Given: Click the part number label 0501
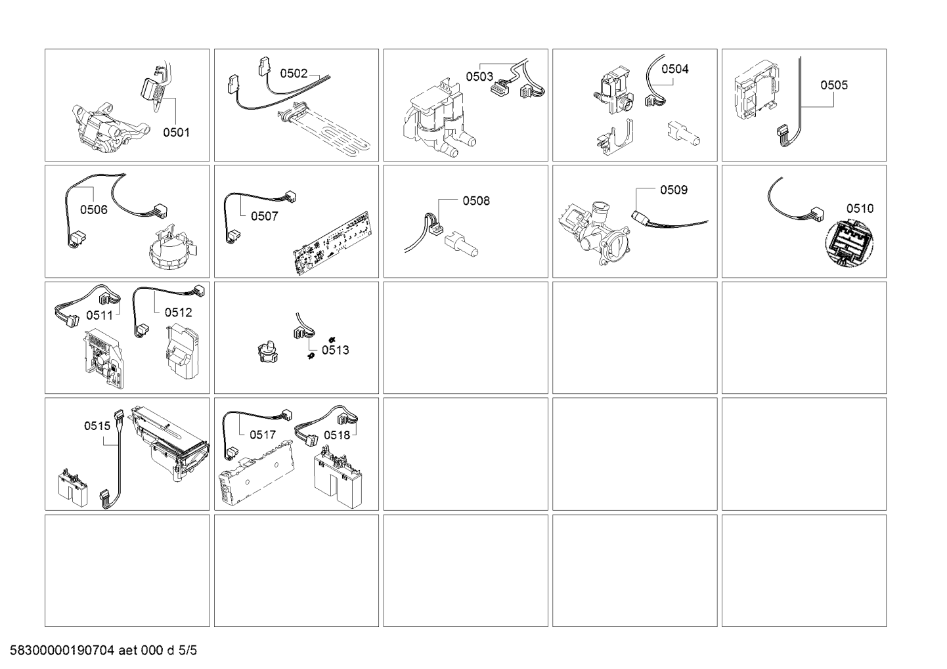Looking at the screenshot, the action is pos(176,132).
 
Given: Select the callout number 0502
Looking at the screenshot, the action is pos(294,74).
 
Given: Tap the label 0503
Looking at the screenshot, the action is pos(479,77).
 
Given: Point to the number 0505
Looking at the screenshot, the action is pos(834,85).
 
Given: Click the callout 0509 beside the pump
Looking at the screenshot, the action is pos(674,190).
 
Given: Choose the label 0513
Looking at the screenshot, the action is pos(335,350).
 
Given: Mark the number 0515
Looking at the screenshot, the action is pos(97,426).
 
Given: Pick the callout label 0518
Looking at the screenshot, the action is pos(337,435).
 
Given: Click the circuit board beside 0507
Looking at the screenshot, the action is pos(333,242).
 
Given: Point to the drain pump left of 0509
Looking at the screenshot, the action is pos(594,232).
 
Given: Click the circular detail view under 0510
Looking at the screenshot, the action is pos(849,244).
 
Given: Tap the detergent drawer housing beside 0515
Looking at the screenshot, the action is pos(170,443).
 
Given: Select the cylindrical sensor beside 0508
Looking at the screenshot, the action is pos(461,244).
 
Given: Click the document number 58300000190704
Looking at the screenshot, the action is pos(62,650).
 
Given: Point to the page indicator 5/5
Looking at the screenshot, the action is pos(188,650).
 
